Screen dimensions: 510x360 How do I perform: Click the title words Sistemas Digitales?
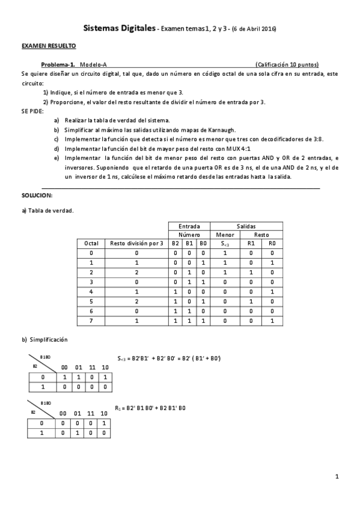[x=118, y=28]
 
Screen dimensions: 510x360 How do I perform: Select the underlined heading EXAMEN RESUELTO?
[x=49, y=46]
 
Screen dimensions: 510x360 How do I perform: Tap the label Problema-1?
[x=58, y=64]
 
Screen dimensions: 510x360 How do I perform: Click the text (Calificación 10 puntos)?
[x=286, y=64]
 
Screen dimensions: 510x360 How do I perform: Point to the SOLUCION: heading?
[x=37, y=196]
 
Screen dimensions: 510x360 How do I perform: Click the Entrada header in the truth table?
[x=189, y=226]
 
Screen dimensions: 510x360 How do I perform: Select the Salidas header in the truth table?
[x=246, y=226]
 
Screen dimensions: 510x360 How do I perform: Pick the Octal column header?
[x=91, y=244]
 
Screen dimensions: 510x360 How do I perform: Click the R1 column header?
[x=251, y=244]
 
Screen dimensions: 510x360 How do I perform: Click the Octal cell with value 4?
[x=91, y=292]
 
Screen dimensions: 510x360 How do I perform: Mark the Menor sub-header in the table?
[x=225, y=235]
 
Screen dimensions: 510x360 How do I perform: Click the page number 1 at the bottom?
[x=337, y=477]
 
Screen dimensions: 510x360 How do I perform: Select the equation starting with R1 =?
[x=150, y=408]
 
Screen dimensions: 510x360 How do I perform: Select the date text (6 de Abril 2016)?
[x=254, y=29]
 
